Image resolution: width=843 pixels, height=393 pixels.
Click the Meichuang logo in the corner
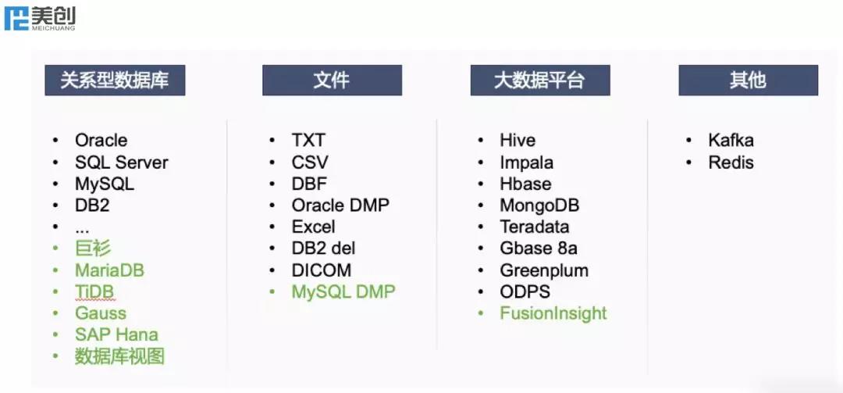40,18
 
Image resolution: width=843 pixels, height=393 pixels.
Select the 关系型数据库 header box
115,80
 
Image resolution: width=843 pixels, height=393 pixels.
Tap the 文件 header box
333,80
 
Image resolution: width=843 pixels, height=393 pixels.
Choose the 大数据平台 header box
540,80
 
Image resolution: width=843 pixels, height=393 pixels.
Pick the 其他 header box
749,80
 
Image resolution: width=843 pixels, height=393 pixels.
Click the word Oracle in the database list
101,141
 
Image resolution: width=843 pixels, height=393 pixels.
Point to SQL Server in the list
122,163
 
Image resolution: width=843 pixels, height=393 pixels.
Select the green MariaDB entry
110,270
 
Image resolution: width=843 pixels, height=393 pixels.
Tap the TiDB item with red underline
94,291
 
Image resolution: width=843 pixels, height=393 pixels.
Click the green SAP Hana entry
116,335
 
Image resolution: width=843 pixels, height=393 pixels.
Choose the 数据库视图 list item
119,356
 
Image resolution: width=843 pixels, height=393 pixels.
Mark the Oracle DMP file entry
340,205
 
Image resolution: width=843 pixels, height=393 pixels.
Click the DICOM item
322,270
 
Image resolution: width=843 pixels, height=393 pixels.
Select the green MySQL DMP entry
343,291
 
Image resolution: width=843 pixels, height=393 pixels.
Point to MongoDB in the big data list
540,205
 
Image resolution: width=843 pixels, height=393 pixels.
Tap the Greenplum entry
544,270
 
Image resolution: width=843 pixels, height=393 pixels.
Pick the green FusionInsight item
553,313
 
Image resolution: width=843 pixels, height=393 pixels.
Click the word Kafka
731,141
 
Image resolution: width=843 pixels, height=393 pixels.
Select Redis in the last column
731,163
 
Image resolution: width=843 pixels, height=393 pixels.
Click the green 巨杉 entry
93,248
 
